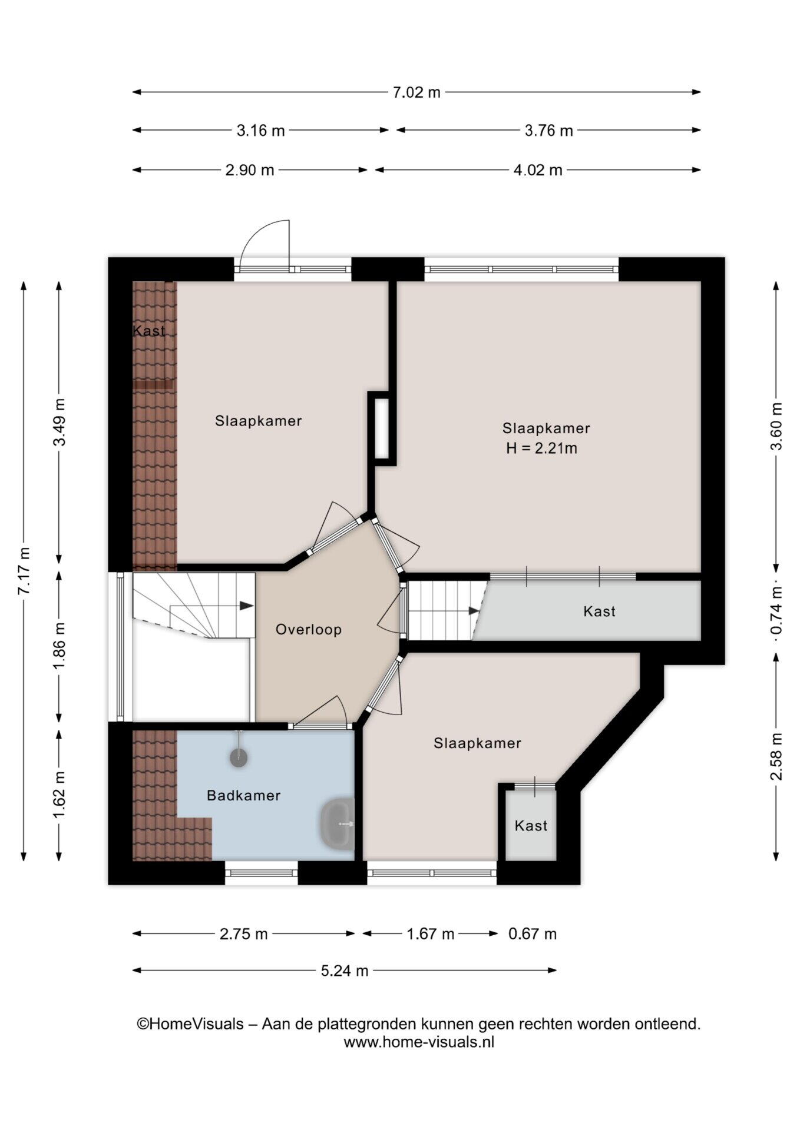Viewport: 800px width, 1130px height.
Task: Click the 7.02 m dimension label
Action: point(416,92)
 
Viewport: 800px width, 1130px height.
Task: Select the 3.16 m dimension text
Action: point(260,131)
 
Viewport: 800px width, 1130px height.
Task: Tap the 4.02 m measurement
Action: point(538,171)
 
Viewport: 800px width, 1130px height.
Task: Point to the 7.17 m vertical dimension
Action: point(24,571)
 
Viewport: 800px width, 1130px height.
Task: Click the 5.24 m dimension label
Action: point(345,971)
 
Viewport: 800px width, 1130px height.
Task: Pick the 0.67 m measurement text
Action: point(532,934)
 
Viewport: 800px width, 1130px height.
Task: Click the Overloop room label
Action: point(309,630)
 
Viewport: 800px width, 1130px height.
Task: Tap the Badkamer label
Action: point(243,796)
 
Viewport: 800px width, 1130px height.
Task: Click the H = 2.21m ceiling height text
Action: point(541,448)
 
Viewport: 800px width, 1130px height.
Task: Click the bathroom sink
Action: point(338,824)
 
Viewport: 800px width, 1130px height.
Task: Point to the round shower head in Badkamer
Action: point(239,758)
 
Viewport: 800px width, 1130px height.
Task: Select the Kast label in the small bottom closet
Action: point(531,826)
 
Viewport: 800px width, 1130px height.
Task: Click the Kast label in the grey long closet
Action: point(599,611)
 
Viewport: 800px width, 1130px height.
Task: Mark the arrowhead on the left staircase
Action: point(246,606)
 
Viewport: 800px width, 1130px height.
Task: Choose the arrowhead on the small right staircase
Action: point(474,611)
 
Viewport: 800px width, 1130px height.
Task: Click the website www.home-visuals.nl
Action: point(419,1042)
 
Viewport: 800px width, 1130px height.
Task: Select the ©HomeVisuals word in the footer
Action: point(190,1024)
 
